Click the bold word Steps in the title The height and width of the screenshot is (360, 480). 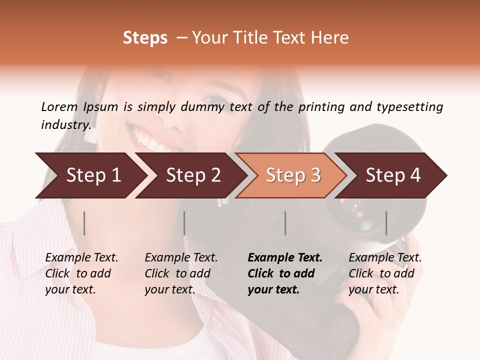click(x=145, y=38)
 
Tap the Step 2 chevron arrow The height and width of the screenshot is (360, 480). click(x=190, y=175)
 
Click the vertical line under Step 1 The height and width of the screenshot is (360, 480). click(x=84, y=223)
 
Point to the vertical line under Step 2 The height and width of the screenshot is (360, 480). click(x=184, y=223)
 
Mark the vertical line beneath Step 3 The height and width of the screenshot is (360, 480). click(x=285, y=223)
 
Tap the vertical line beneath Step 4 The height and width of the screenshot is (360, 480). click(x=386, y=223)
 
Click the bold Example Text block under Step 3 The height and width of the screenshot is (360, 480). click(x=285, y=273)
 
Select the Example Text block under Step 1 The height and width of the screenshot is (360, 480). click(x=81, y=273)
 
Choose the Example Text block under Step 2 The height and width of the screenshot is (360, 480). click(x=181, y=273)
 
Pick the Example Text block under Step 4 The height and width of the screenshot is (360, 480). click(x=385, y=273)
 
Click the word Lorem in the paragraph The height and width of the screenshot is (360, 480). click(x=59, y=106)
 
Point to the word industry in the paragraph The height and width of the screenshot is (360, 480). click(x=65, y=124)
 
